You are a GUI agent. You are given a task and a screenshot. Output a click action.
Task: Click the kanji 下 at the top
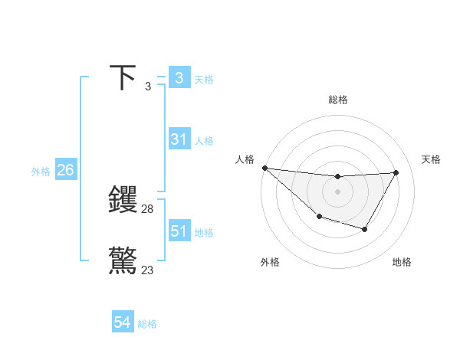(123, 77)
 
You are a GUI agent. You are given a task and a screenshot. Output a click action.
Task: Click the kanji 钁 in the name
(123, 199)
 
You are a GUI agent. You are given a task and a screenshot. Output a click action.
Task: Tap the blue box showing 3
(179, 78)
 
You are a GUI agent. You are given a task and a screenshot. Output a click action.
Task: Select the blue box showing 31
(179, 139)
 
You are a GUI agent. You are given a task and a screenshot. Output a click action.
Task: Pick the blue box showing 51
(179, 231)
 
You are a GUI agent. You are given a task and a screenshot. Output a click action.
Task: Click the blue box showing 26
(65, 170)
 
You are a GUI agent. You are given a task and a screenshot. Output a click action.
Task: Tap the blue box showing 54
(123, 323)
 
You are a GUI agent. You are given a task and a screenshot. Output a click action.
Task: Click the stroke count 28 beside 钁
(148, 209)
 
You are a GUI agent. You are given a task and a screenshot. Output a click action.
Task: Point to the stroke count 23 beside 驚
(148, 270)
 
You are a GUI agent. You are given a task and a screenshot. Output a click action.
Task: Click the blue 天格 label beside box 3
(204, 80)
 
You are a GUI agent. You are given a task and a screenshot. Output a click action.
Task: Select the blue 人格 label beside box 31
(204, 141)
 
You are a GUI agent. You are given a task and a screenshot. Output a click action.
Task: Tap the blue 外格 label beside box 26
(41, 172)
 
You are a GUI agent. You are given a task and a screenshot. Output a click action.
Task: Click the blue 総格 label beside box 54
(147, 325)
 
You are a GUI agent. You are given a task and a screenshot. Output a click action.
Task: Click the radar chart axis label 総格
(338, 100)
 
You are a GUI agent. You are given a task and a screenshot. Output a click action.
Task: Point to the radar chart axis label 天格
(432, 159)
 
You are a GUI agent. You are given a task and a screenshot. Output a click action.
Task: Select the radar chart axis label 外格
(270, 262)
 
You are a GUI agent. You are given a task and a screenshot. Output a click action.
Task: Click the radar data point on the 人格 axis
(264, 168)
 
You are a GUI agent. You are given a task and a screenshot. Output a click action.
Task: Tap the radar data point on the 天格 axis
(396, 172)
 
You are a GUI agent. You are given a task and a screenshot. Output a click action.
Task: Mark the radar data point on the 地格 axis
(365, 229)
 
